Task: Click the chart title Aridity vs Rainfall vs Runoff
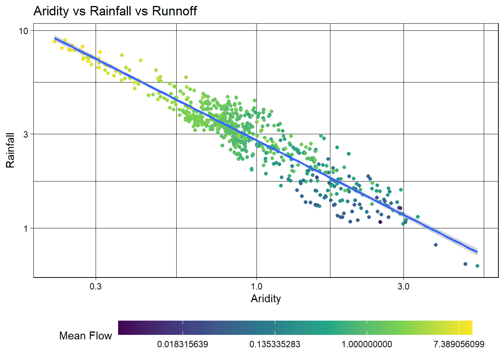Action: tap(115, 11)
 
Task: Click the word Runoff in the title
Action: tap(174, 11)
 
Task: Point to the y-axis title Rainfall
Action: tap(10, 150)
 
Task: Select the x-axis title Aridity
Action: tap(265, 298)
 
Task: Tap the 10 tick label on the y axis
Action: tap(24, 31)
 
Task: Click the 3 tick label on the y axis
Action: tap(25, 134)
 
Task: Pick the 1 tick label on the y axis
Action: tap(25, 228)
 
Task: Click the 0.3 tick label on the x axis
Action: tap(96, 287)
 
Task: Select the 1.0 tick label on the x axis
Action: tap(256, 287)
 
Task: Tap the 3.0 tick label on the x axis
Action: tap(403, 287)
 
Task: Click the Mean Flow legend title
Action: tap(85, 336)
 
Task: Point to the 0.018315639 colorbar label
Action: tap(183, 344)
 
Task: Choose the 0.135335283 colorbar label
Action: tap(275, 344)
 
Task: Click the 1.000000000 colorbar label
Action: tap(367, 344)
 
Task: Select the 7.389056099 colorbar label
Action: tap(459, 344)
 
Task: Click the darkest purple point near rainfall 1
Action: tap(380, 222)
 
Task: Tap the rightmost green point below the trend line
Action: tap(477, 266)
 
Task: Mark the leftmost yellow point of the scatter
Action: tap(54, 42)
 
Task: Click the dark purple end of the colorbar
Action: tap(121, 327)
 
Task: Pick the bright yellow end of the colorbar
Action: tap(469, 327)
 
